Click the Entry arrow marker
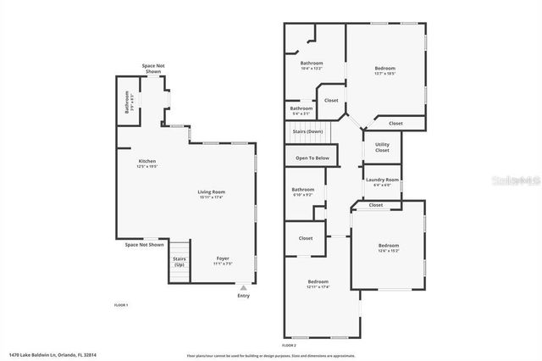click(x=244, y=289)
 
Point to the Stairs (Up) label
click(x=180, y=261)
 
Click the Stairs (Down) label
click(x=307, y=131)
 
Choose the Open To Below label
click(x=312, y=158)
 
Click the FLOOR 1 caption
click(x=121, y=304)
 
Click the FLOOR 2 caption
click(x=290, y=345)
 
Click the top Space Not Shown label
click(x=153, y=69)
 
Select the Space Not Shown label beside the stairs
click(x=144, y=245)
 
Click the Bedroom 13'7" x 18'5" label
click(x=384, y=70)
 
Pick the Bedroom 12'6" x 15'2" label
click(x=388, y=248)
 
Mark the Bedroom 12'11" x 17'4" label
click(x=318, y=284)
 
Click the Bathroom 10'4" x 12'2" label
click(x=312, y=65)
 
